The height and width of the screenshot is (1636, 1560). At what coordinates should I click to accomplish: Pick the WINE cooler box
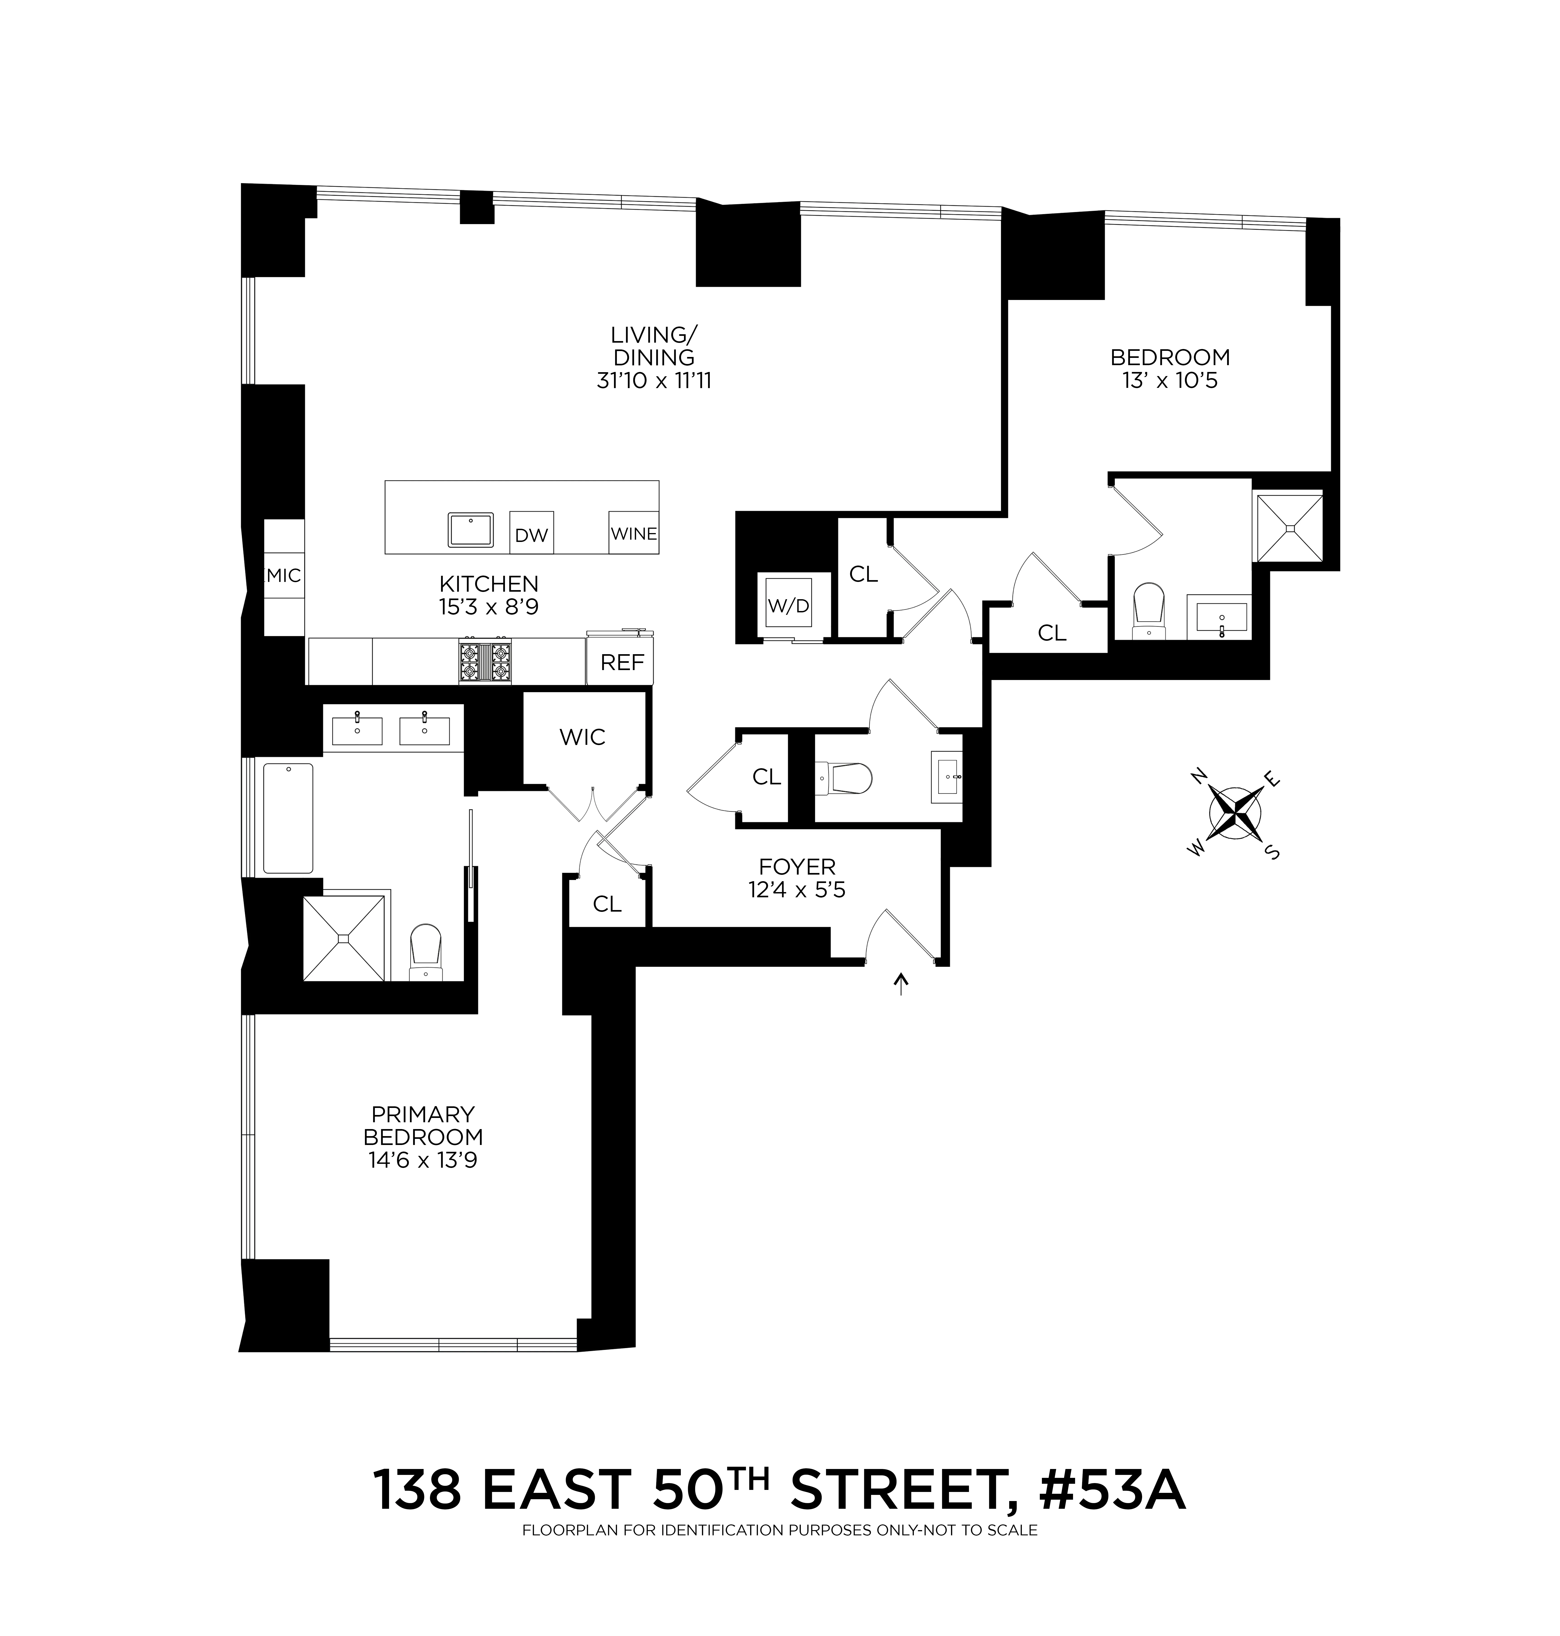pyautogui.click(x=634, y=533)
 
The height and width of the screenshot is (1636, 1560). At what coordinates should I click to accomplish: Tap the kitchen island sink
pyautogui.click(x=471, y=529)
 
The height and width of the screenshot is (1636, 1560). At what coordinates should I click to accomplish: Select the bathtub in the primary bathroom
pyautogui.click(x=288, y=818)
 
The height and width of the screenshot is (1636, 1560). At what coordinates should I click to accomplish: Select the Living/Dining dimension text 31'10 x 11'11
pyautogui.click(x=654, y=381)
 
